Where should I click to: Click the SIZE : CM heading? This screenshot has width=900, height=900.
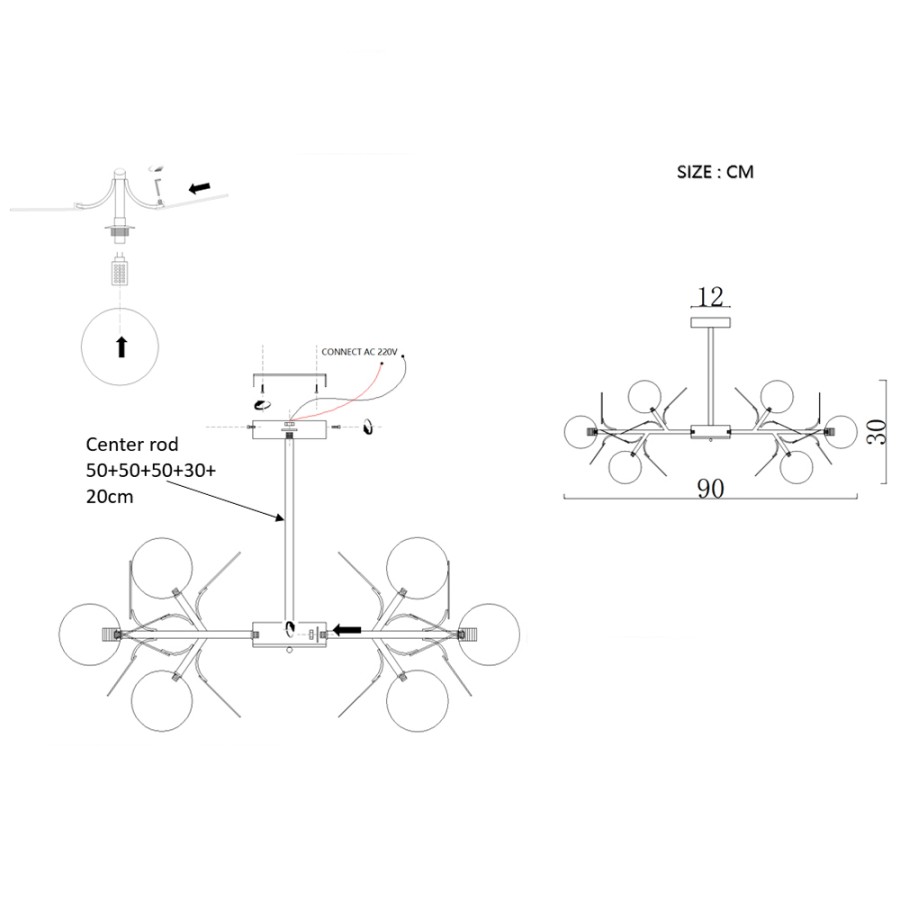coord(715,172)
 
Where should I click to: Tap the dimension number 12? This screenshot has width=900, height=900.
coord(711,297)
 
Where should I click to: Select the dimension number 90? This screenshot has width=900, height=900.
coord(711,488)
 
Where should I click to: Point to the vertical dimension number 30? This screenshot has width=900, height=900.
coord(877,432)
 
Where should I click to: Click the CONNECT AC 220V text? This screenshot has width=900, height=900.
coord(359,352)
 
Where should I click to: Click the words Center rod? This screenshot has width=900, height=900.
coord(132,444)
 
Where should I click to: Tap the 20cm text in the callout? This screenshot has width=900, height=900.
coord(110,496)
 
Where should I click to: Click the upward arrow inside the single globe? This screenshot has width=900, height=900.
coord(121,347)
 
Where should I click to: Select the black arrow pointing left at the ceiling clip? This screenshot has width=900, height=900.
coord(200,187)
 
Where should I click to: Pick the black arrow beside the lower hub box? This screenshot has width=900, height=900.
coord(347,630)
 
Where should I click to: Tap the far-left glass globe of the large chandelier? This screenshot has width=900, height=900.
coord(90,634)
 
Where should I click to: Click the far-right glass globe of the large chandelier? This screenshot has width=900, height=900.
coord(489,634)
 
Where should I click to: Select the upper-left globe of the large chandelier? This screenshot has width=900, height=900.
coord(162,568)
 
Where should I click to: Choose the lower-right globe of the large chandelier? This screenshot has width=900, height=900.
coord(417,700)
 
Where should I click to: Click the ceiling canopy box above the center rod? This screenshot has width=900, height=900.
coord(289,430)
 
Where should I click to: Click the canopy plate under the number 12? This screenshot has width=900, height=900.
coord(711,323)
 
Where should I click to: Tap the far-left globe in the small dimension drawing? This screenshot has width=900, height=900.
coord(581,432)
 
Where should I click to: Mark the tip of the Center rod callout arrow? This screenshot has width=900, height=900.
coord(285,521)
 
